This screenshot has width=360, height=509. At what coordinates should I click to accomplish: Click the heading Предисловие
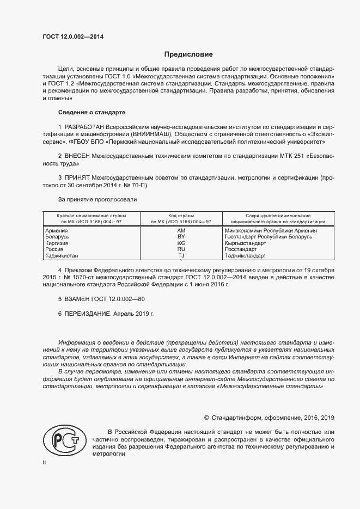point(189,54)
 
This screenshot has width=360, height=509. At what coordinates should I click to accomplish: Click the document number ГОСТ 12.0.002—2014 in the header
point(73,37)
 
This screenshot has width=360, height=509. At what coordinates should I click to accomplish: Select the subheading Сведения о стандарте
point(91,112)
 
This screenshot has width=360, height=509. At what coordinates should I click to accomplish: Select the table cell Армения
point(56,231)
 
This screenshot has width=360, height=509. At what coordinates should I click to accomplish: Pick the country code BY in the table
point(181,237)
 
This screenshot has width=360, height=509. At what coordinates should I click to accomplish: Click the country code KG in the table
point(181,243)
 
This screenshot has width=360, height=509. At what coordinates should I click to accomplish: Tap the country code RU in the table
point(181,249)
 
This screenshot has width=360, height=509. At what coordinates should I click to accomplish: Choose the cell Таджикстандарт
point(245,255)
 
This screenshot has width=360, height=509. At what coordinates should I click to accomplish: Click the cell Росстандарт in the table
point(240,249)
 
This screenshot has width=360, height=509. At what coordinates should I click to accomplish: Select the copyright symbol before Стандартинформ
point(206,418)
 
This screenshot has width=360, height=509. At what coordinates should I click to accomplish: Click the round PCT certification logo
point(62,440)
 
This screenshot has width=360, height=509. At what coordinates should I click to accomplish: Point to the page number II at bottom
point(45,462)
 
